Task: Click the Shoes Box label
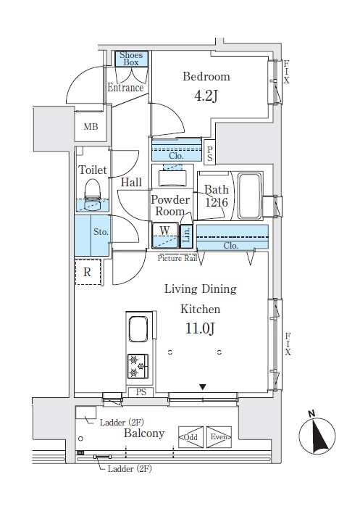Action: point(131,59)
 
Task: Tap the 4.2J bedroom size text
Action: point(206,96)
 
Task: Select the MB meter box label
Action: point(91,127)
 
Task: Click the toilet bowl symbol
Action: point(93,194)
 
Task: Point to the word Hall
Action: point(131,183)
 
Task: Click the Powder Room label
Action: point(170,206)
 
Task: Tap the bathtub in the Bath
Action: point(249,196)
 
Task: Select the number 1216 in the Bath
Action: point(217,203)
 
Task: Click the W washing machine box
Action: point(165,236)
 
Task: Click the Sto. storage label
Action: point(101,232)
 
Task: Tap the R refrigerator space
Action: point(88,272)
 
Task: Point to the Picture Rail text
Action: point(177,258)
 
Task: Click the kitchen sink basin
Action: point(138,329)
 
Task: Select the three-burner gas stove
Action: point(138,366)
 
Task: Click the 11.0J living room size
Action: point(200,328)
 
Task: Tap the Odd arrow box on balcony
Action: point(191,437)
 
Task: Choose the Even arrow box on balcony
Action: point(219,437)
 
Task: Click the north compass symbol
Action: point(317,434)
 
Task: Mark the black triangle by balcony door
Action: point(202,387)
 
